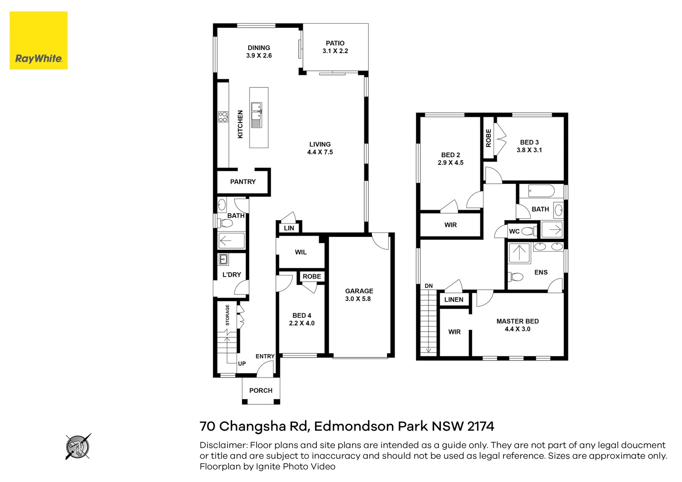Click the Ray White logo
[x=39, y=41]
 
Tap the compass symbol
[x=78, y=446]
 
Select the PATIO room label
[x=335, y=43]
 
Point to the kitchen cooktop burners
[x=223, y=117]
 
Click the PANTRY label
[x=243, y=182]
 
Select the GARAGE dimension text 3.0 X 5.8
[x=358, y=299]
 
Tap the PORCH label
[x=261, y=391]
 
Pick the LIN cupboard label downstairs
[x=289, y=228]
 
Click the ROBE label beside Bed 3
[x=488, y=138]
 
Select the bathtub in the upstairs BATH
[x=541, y=191]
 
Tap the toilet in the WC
[x=528, y=231]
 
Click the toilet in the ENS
[x=516, y=277]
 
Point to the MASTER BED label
[x=517, y=321]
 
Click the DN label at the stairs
[x=428, y=286]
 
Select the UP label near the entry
[x=242, y=364]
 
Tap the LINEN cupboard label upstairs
[x=453, y=299]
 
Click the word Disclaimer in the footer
[x=223, y=445]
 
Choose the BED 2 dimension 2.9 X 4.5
[x=450, y=163]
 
